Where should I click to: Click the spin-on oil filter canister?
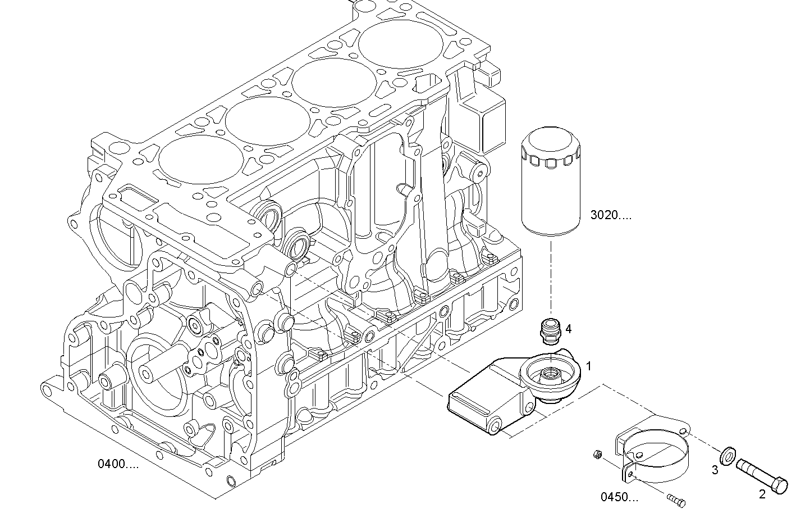tap(551, 183)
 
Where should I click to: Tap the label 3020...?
tap(610, 215)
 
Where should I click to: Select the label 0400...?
tap(117, 464)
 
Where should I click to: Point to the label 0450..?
tap(619, 497)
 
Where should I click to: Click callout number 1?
tap(589, 366)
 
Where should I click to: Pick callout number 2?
tap(762, 495)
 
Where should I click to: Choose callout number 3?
tap(715, 470)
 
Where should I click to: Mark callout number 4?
tap(568, 329)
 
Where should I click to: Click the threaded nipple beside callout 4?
tap(548, 331)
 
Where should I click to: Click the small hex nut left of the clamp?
tap(598, 454)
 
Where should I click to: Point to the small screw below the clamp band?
tap(676, 500)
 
